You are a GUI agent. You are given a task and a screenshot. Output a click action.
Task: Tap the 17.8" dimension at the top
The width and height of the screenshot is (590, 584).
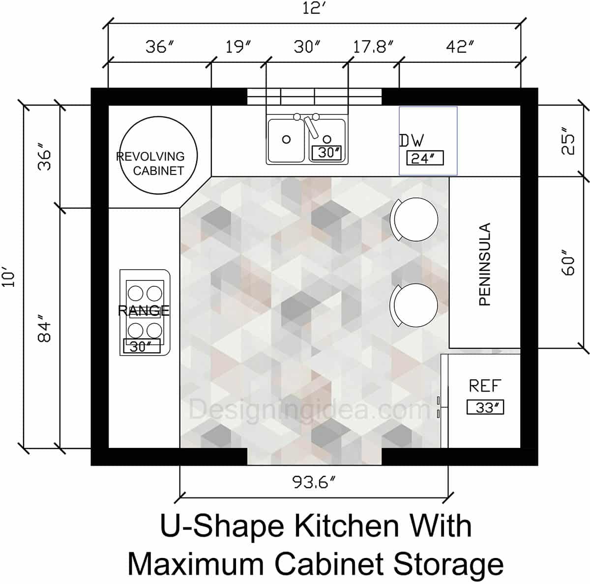[373, 47]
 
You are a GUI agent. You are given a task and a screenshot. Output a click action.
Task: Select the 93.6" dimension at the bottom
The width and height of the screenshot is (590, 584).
[313, 482]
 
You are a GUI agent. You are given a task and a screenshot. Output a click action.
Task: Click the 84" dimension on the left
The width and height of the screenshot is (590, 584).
[45, 332]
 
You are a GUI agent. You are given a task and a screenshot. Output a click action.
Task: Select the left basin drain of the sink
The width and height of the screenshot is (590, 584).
[286, 139]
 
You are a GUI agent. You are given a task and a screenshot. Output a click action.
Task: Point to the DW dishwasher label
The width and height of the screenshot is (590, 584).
[412, 141]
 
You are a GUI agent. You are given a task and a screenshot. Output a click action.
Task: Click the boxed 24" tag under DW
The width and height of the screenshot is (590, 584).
[425, 158]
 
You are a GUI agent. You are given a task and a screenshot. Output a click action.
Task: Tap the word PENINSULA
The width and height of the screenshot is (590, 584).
[485, 264]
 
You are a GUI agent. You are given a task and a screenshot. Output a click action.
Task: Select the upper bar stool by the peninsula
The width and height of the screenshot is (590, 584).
[414, 219]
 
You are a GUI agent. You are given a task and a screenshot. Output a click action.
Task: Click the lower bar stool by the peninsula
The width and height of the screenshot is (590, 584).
[414, 305]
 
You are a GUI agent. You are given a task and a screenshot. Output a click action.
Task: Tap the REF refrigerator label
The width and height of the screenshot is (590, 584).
[485, 386]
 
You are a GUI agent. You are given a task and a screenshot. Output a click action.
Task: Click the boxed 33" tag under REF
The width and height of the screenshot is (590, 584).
[485, 407]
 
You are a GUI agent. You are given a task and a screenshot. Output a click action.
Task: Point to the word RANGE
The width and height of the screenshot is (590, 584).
[144, 310]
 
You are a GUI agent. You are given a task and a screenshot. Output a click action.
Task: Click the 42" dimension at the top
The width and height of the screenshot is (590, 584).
[460, 47]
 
